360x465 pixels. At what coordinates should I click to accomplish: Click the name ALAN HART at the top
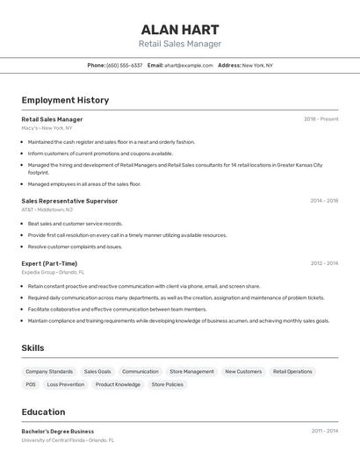click(x=179, y=29)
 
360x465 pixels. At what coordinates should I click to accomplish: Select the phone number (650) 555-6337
click(x=124, y=65)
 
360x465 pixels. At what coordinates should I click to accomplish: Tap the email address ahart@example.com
click(x=190, y=65)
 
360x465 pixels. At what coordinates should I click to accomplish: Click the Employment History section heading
click(x=65, y=100)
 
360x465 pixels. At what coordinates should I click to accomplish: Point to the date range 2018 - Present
click(x=320, y=119)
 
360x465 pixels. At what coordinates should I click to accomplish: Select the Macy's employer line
click(x=47, y=128)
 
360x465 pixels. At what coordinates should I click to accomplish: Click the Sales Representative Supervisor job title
click(x=69, y=201)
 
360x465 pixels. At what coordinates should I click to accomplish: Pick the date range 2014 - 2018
click(x=323, y=201)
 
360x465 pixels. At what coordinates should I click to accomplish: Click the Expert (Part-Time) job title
click(x=49, y=263)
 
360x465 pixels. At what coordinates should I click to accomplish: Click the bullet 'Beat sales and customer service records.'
click(x=75, y=224)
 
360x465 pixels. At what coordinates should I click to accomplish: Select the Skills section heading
click(x=32, y=348)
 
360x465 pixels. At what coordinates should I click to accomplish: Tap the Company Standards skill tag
click(x=49, y=371)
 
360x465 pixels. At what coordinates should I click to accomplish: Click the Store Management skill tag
click(x=191, y=371)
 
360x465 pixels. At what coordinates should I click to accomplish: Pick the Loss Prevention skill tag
click(x=66, y=384)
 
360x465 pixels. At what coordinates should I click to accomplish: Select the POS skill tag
click(x=31, y=384)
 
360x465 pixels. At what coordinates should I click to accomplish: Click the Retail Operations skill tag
click(x=292, y=371)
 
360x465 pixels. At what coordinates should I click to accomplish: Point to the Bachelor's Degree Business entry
click(x=57, y=432)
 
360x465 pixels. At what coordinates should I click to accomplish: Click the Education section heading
click(x=43, y=411)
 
